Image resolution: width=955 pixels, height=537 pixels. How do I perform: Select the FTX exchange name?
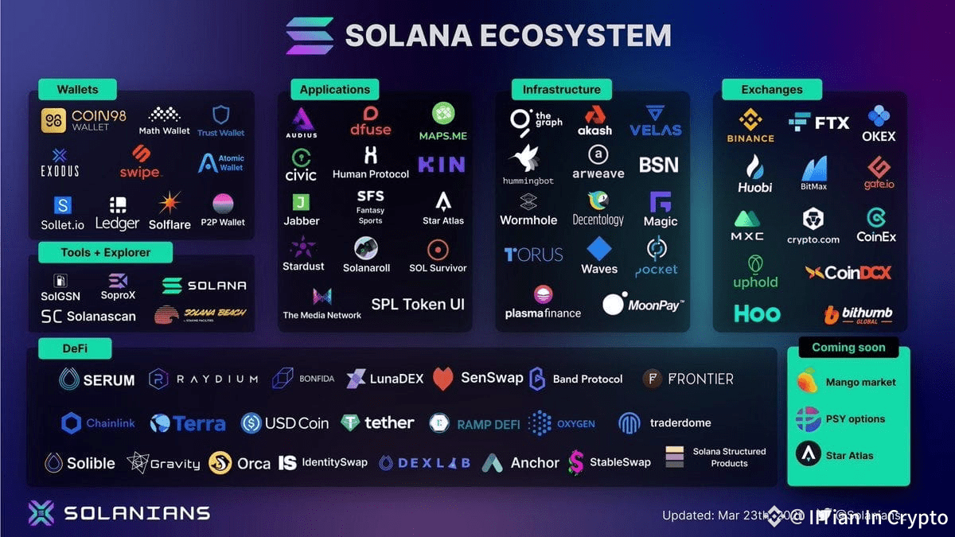(832, 123)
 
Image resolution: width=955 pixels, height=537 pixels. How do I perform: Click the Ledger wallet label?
(117, 224)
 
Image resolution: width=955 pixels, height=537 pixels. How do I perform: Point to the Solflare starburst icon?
(169, 203)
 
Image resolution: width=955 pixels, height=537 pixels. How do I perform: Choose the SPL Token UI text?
(418, 304)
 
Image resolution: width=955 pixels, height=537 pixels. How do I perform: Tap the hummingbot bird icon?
(528, 158)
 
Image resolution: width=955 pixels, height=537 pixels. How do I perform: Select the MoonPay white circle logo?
(613, 304)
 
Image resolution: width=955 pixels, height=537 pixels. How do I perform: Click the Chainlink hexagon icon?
(72, 423)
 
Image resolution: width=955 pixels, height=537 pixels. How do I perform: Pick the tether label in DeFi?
(389, 422)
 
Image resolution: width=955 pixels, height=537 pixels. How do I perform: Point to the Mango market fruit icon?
(807, 381)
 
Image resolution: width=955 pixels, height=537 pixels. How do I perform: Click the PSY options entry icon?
(808, 418)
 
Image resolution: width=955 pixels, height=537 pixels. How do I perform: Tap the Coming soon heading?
(848, 347)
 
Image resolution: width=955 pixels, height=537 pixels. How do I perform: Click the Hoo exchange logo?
(756, 313)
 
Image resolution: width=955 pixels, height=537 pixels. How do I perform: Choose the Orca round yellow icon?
(220, 463)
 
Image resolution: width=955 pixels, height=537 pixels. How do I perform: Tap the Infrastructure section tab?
(561, 89)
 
